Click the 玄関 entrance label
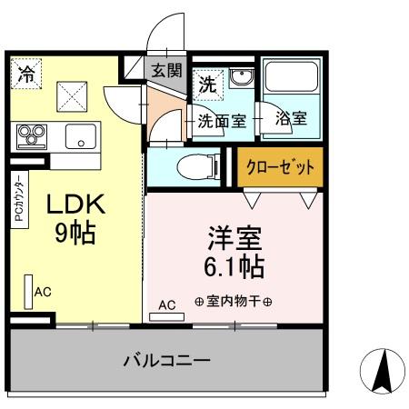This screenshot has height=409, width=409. tap(166, 69)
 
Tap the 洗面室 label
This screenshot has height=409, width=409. tap(221, 119)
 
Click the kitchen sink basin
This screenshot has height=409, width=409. tap(81, 139)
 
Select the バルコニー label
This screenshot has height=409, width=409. tap(166, 361)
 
